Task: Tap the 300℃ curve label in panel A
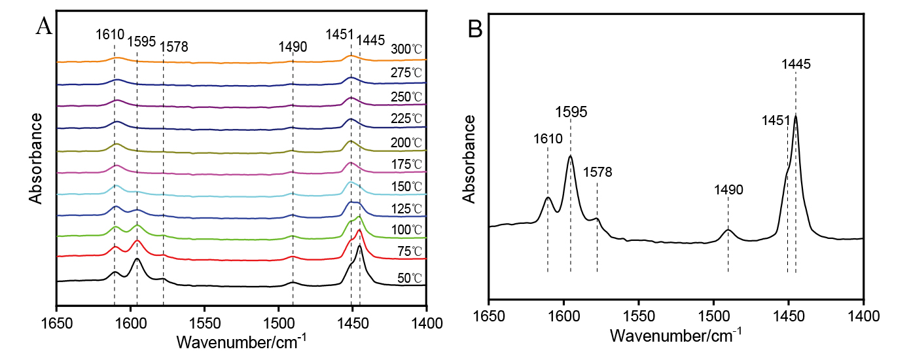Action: coord(406,49)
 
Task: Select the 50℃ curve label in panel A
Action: coord(409,278)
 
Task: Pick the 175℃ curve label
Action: coord(406,163)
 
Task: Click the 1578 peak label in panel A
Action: coord(175,47)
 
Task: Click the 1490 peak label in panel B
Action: coord(728,189)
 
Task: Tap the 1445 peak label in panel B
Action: coord(796,64)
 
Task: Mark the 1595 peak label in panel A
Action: coord(141,42)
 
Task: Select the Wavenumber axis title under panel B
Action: coord(676,336)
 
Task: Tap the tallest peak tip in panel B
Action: coord(796,115)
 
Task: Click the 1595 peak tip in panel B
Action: coord(571,156)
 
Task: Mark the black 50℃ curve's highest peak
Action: coord(360,246)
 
